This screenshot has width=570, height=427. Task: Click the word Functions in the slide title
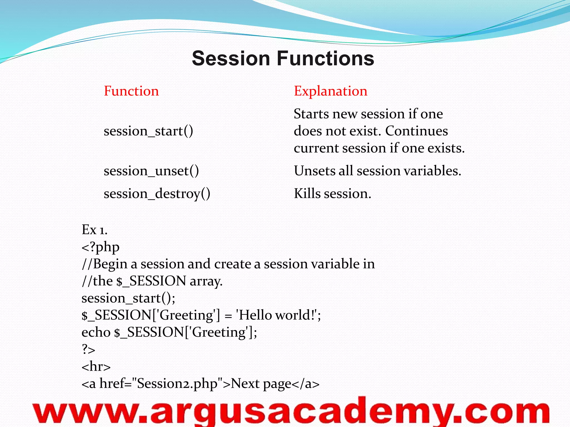[325, 58]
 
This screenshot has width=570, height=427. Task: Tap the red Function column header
[131, 91]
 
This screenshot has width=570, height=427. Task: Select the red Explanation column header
[330, 91]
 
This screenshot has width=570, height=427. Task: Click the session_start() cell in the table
[148, 131]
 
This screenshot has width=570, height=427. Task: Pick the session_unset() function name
[151, 171]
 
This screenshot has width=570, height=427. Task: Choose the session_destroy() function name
[157, 193]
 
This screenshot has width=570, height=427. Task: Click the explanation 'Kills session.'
[332, 193]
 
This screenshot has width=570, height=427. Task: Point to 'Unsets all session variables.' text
[377, 171]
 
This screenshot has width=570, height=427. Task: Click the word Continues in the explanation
[416, 131]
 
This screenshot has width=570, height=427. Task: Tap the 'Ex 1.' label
[94, 230]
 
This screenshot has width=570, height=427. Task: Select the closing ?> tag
[88, 349]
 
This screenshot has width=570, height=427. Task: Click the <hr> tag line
[96, 366]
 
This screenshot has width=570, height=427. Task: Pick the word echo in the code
[96, 332]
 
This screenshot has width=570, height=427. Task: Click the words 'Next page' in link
[261, 384]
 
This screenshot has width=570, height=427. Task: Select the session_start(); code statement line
[128, 298]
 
